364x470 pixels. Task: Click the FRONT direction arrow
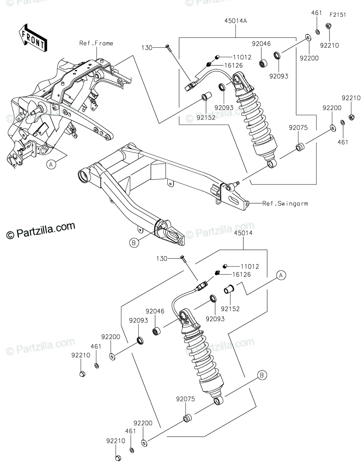(33, 38)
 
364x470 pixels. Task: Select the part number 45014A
(235, 21)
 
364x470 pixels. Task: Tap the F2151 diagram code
(338, 15)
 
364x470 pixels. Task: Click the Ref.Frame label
(96, 43)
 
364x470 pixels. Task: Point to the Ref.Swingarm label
(285, 204)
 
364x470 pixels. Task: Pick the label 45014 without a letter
(243, 233)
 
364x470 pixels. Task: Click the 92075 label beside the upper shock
(298, 128)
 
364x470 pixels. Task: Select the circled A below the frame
(51, 164)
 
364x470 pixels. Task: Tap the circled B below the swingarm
(134, 243)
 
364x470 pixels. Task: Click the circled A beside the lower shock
(281, 275)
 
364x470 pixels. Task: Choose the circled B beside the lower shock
(262, 375)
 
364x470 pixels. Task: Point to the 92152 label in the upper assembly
(206, 117)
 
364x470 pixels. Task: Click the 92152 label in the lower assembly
(230, 309)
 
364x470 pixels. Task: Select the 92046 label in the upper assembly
(261, 44)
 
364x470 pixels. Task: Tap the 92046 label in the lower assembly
(155, 311)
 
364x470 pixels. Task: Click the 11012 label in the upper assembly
(242, 57)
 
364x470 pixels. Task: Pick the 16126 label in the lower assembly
(242, 275)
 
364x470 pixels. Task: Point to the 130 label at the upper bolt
(147, 48)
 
